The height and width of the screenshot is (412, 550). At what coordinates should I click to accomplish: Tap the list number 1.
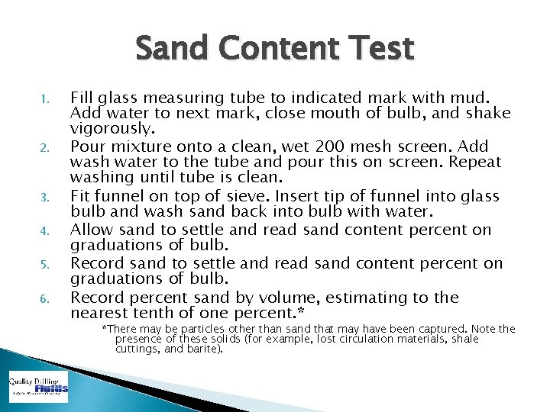45,99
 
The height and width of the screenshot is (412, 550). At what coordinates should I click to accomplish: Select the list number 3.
45,198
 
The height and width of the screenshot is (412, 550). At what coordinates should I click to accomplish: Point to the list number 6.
45,298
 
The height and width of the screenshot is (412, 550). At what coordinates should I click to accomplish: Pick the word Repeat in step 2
475,162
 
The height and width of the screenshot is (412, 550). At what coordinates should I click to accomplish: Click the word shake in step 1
489,113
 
